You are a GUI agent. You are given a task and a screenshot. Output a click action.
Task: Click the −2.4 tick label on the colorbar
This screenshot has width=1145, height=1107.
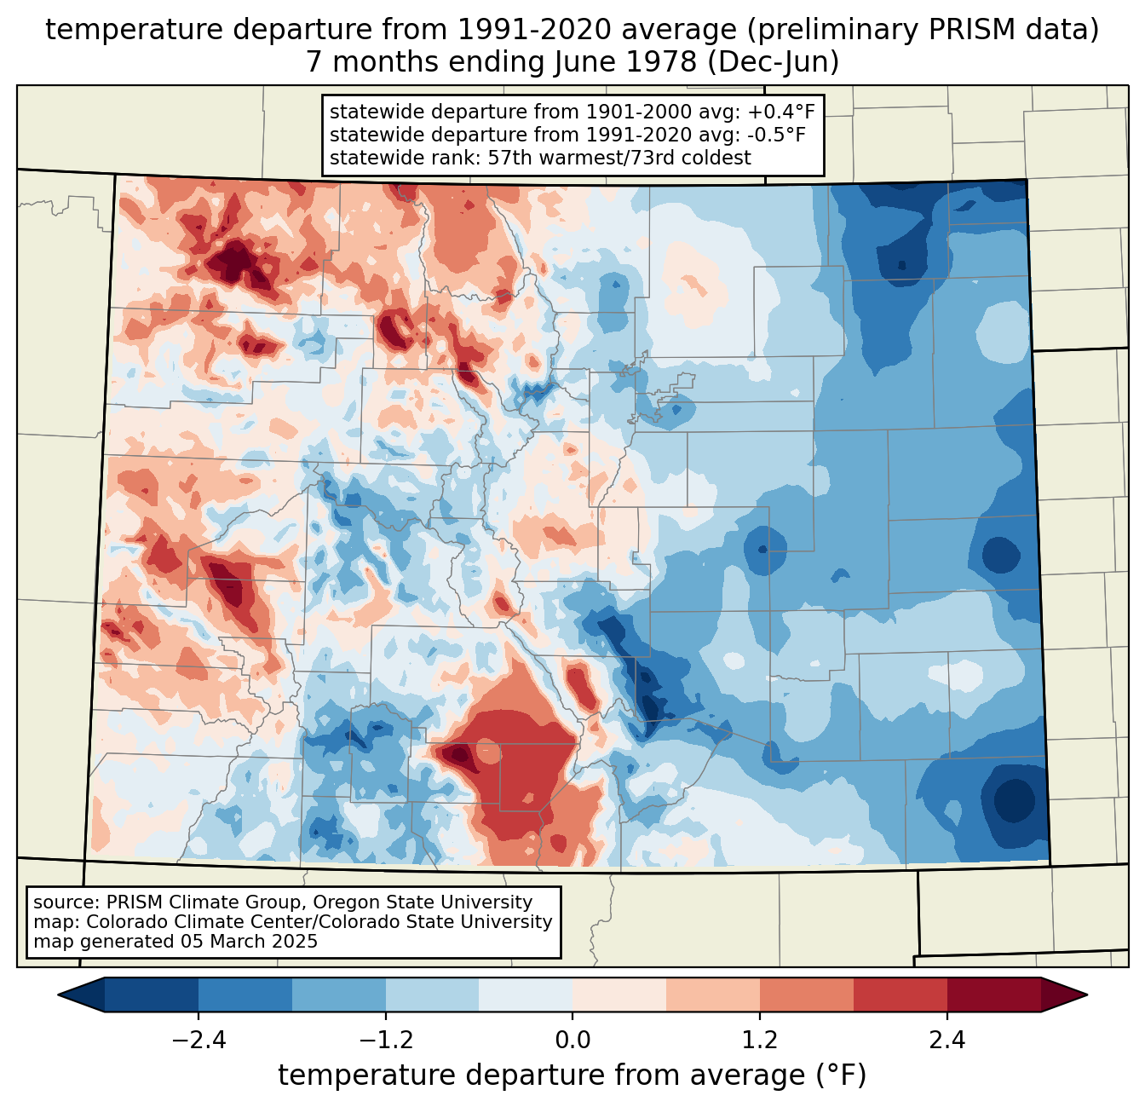point(198,1041)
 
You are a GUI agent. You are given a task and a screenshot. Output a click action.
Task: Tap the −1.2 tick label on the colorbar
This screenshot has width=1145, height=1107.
point(385,1041)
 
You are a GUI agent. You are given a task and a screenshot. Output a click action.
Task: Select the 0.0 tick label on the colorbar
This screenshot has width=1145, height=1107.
point(572,1041)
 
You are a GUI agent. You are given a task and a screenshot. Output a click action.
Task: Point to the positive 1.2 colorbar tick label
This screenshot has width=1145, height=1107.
point(760,1041)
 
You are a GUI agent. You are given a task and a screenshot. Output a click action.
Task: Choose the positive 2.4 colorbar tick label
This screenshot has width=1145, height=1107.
point(947,1041)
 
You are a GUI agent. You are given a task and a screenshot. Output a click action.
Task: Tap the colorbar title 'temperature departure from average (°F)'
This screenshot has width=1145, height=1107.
point(572,1075)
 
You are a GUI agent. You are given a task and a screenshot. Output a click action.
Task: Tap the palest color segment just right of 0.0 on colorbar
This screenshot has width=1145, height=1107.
point(619,995)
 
